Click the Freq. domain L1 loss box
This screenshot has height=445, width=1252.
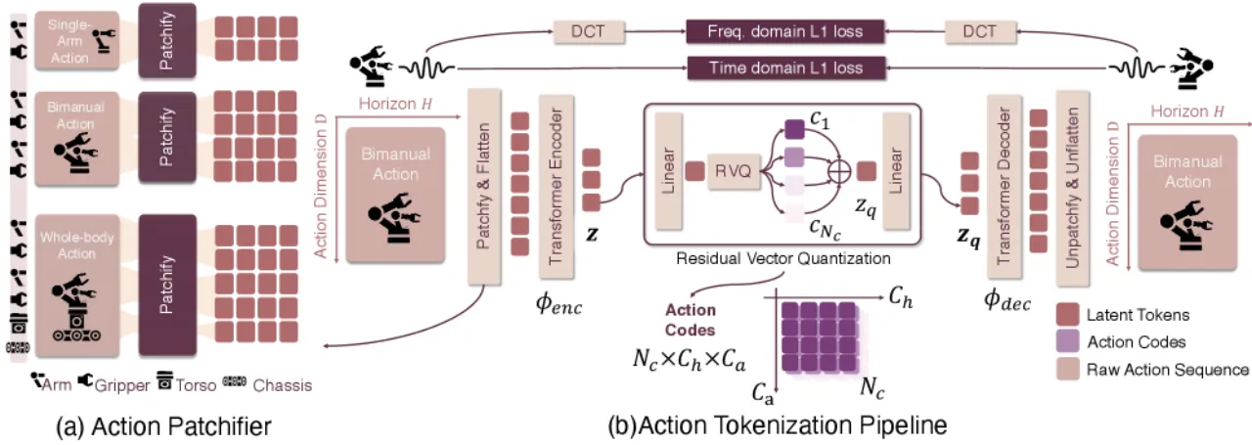point(784,31)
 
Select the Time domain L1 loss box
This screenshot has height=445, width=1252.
point(785,67)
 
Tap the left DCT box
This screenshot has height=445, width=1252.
point(589,32)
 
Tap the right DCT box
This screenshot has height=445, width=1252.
point(980,32)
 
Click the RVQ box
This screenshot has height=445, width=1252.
point(734,172)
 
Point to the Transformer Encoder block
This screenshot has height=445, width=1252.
point(557,187)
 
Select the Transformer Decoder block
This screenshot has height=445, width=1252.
point(1005,187)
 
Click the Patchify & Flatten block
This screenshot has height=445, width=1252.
point(484,187)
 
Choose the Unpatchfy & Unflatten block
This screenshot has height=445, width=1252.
point(1073,188)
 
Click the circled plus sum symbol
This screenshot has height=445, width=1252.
point(838,171)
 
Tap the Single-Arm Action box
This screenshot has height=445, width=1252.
point(76,41)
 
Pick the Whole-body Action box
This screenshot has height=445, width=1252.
point(77,286)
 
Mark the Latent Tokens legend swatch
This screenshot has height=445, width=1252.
point(1067,315)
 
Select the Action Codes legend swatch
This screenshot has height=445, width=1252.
point(1067,341)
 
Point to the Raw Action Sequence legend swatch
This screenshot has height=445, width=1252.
point(1067,369)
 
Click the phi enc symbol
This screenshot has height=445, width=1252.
point(559,304)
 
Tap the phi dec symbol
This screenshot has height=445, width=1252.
point(1007,301)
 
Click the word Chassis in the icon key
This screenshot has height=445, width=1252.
point(283,385)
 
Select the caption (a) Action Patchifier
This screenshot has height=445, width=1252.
point(163,426)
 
